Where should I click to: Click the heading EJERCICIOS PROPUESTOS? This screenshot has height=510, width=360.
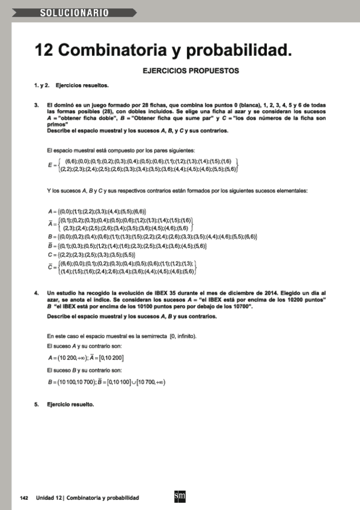coord(191,70)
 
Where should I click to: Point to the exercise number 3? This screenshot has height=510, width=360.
coord(36,105)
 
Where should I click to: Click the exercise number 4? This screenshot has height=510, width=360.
coord(36,292)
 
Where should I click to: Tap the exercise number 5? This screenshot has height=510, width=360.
coord(36,404)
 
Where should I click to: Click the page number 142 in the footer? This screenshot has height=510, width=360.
coord(25,498)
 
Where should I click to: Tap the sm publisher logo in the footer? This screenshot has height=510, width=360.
coord(178,497)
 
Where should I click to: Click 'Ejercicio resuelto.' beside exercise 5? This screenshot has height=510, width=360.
coord(70,404)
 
